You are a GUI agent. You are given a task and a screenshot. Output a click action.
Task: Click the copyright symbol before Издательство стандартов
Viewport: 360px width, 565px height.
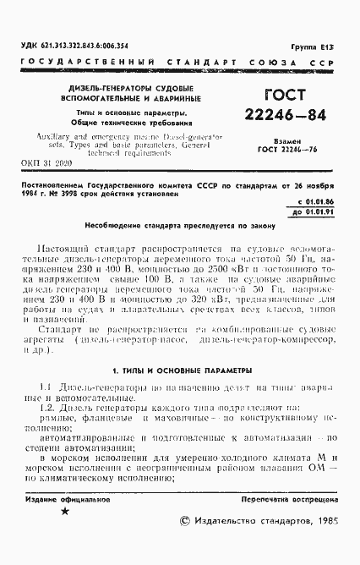[187, 522]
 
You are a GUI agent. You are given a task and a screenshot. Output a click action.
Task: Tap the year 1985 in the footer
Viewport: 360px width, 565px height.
[325, 522]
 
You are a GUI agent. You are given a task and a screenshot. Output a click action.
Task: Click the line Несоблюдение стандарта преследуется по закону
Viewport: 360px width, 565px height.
[179, 227]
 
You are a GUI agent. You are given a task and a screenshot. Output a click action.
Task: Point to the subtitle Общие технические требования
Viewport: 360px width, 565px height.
[128, 122]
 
